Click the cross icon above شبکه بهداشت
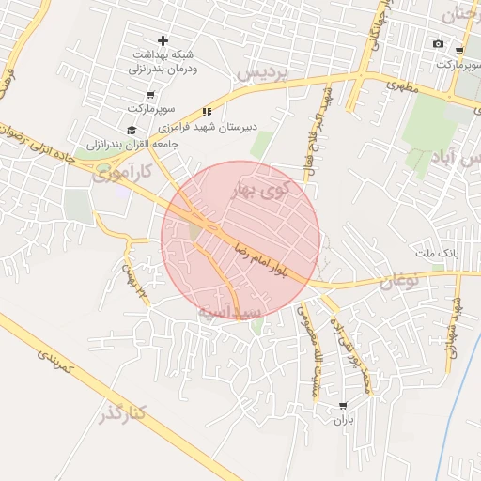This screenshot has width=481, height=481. point(163,40)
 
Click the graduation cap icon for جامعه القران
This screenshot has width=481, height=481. point(132,130)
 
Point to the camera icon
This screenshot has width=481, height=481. point(438,44)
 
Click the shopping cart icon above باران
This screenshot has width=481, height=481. point(341,405)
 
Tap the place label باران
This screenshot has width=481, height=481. point(341,419)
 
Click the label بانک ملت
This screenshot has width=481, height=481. point(438,254)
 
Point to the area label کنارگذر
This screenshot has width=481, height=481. point(122,415)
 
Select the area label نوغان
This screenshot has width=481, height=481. point(395,280)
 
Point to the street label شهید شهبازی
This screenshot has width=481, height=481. point(455,322)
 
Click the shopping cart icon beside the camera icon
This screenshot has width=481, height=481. point(458,51)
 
